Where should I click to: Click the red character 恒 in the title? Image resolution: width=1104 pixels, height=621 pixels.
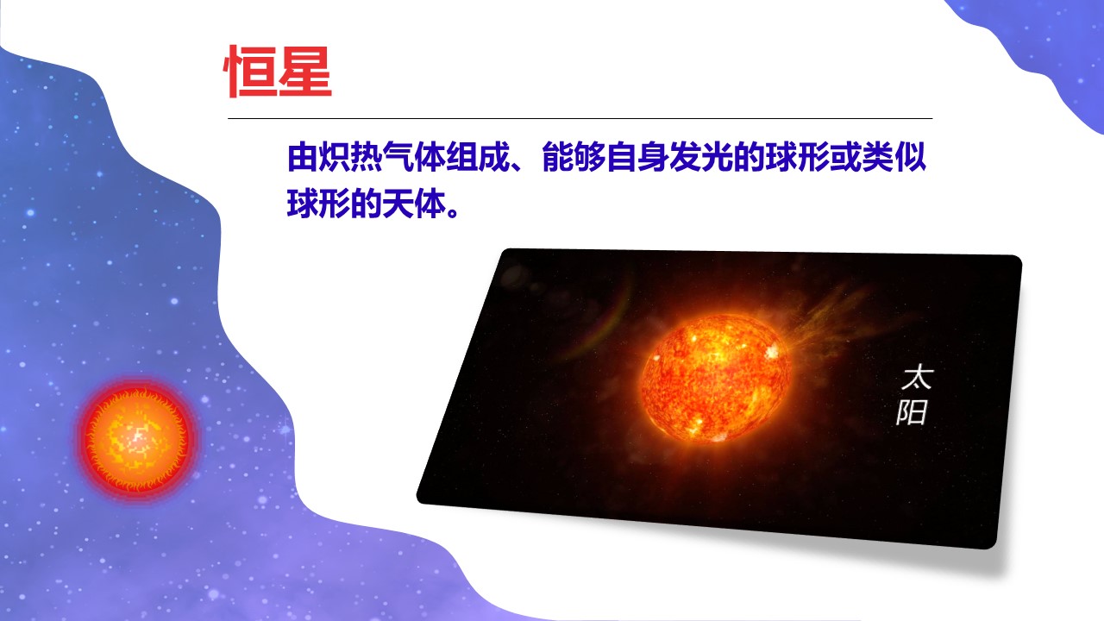coord(249,72)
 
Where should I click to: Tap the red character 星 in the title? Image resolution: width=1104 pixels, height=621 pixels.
coord(305,72)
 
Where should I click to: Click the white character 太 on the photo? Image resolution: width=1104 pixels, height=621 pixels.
coord(917,378)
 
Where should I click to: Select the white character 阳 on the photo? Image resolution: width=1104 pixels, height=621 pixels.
coord(912,412)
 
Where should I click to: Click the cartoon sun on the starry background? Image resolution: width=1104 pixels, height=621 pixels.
coord(136,439)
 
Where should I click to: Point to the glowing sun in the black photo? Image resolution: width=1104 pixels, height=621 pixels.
coord(716,377)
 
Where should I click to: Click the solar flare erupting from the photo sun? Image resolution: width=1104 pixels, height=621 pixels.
coord(833,320)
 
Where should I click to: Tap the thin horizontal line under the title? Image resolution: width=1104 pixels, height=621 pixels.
coord(580,119)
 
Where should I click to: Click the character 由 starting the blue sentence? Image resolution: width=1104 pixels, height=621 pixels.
coord(302,158)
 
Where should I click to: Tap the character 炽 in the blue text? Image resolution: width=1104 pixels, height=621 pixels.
coord(334,158)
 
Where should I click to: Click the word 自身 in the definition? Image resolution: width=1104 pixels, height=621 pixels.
coord(637,158)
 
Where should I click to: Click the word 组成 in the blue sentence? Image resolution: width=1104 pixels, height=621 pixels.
coord(477,158)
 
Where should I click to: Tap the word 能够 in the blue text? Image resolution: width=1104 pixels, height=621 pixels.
coord(574,158)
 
